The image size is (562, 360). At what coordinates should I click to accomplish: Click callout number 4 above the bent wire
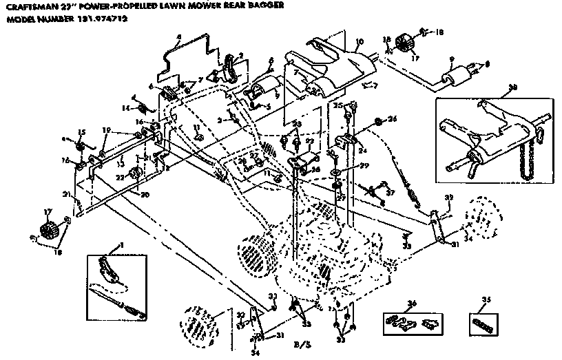click(178, 36)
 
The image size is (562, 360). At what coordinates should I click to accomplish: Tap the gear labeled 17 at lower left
click(46, 231)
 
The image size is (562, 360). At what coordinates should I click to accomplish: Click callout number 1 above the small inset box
click(122, 245)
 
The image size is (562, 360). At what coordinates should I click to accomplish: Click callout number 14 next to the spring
click(125, 108)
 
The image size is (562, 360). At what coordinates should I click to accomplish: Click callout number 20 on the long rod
click(144, 194)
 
